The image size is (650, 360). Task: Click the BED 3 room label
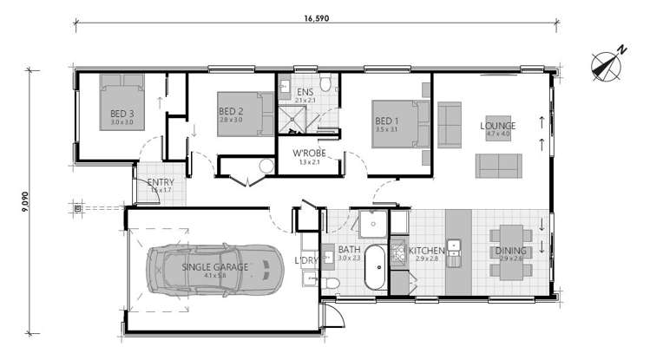121,114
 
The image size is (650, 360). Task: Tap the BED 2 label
229,112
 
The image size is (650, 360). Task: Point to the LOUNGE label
497,126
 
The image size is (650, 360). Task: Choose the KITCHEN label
427,249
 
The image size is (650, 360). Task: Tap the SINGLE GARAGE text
214,266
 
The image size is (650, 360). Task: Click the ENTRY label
161,182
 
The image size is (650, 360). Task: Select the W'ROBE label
308,154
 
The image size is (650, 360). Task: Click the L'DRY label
306,259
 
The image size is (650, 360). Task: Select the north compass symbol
607,64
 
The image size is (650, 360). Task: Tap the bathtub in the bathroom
376,268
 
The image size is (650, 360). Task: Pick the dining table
511,252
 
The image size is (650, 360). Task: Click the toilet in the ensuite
325,84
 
